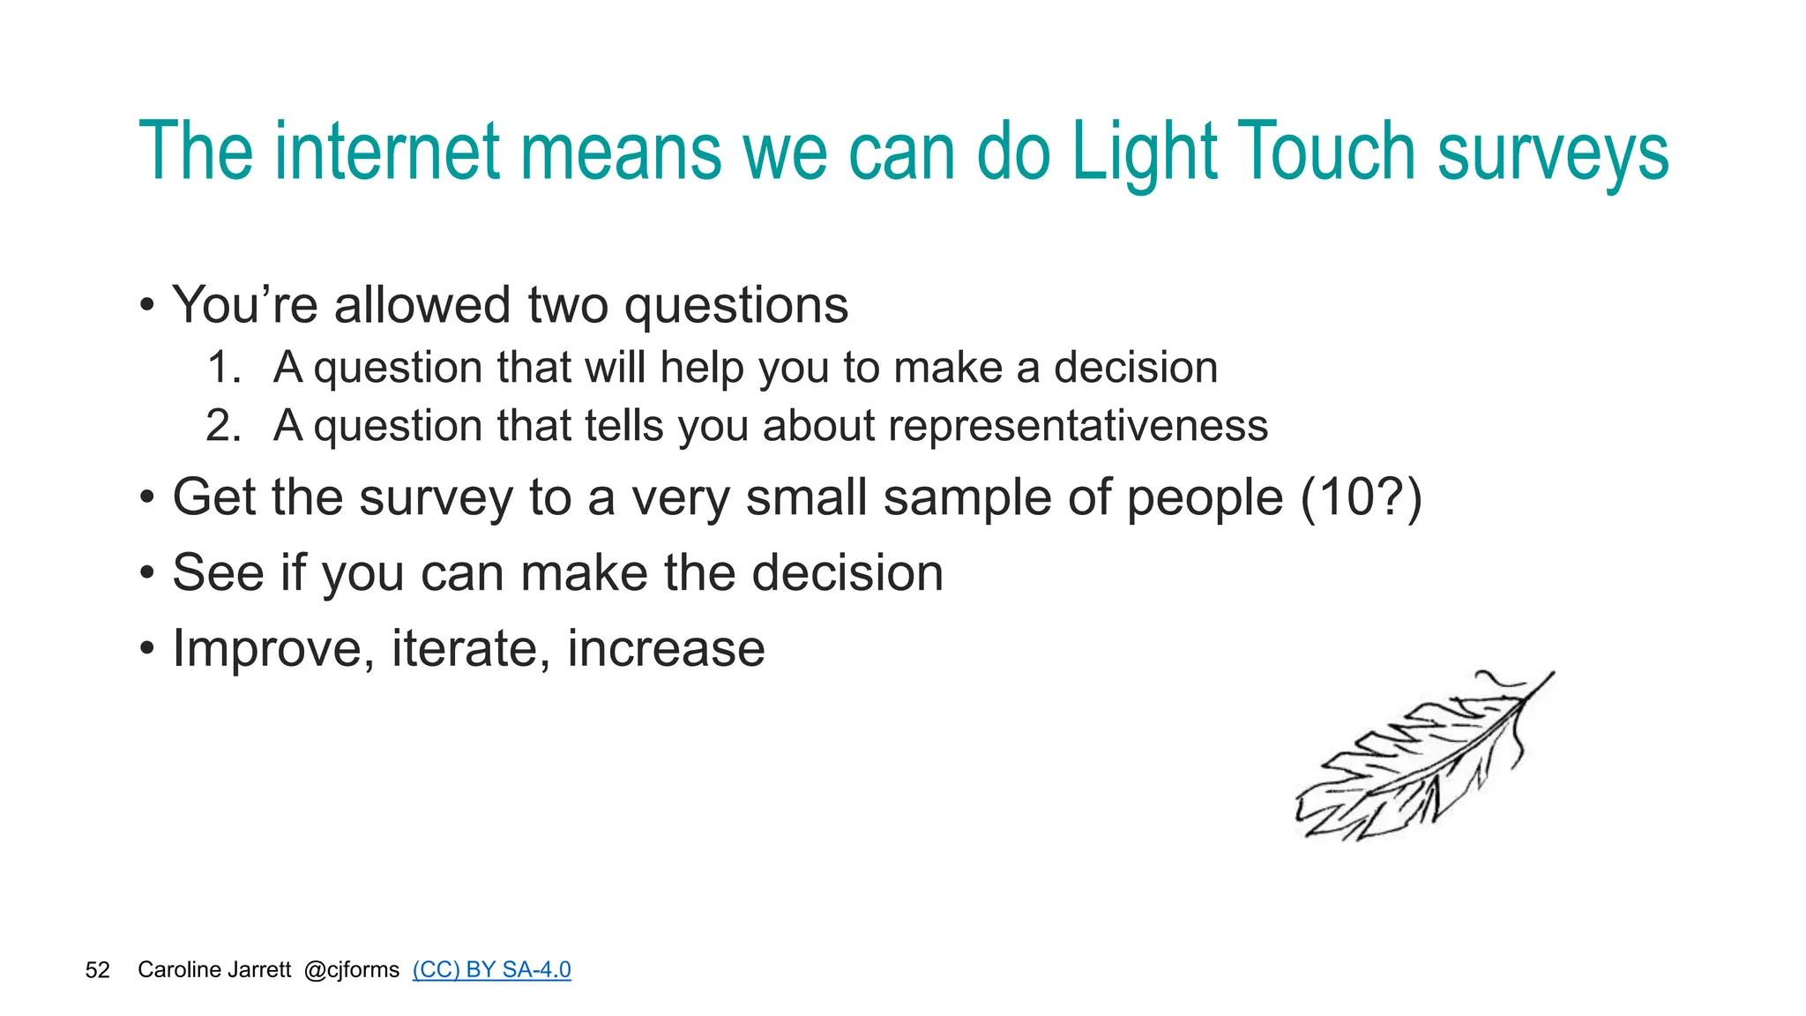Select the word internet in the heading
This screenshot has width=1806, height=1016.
387,152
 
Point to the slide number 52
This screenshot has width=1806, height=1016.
97,970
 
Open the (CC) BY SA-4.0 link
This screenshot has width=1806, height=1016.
491,969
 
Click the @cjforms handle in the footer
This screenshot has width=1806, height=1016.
351,970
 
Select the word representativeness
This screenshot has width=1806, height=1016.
1078,426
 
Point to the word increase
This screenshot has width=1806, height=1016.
666,649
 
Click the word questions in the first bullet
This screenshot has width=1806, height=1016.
735,306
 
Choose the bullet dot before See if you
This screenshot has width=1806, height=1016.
147,574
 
